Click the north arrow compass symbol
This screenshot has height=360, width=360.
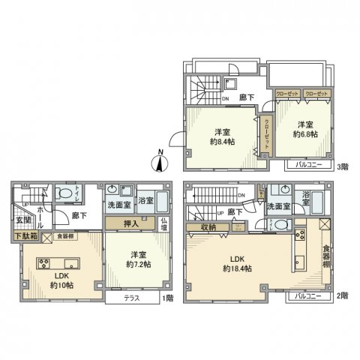click(162, 160)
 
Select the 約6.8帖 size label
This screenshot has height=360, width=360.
click(304, 133)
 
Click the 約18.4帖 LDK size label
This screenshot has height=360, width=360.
click(236, 268)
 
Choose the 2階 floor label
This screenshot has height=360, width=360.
click(343, 296)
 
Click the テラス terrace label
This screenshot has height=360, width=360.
click(130, 297)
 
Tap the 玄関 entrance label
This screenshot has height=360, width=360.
click(23, 220)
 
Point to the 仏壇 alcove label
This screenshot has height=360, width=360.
click(164, 223)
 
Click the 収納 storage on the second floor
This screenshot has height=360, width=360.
click(208, 227)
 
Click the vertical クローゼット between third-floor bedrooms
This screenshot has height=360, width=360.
click(266, 136)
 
